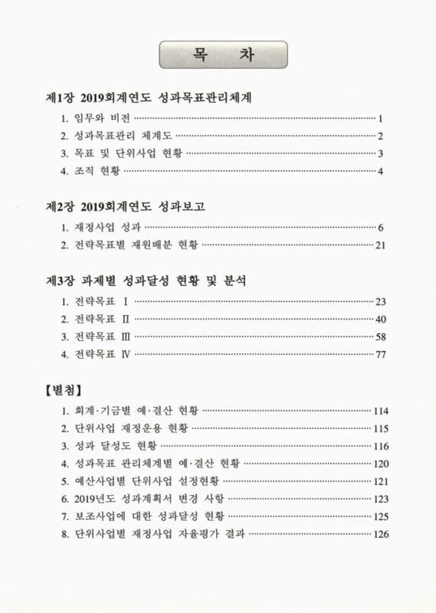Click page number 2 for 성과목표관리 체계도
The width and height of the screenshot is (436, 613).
pos(380,136)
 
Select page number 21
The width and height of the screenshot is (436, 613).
pos(379,245)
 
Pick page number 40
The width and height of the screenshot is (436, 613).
pos(379,319)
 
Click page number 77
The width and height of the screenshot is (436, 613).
pos(379,355)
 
